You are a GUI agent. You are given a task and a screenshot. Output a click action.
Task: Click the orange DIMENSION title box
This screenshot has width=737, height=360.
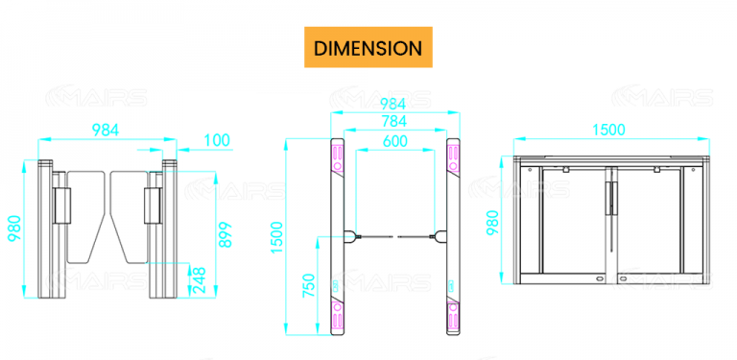(368, 47)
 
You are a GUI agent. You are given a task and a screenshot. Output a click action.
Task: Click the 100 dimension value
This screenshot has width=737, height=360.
(218, 140)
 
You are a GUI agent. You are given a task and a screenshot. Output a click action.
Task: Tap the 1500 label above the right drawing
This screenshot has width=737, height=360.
(607, 130)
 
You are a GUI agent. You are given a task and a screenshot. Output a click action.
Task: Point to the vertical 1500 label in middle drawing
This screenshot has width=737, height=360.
(277, 235)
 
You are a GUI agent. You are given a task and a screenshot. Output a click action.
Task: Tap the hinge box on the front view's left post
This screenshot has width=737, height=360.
(64, 202)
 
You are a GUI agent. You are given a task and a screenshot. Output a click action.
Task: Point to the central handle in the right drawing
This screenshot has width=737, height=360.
(608, 197)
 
